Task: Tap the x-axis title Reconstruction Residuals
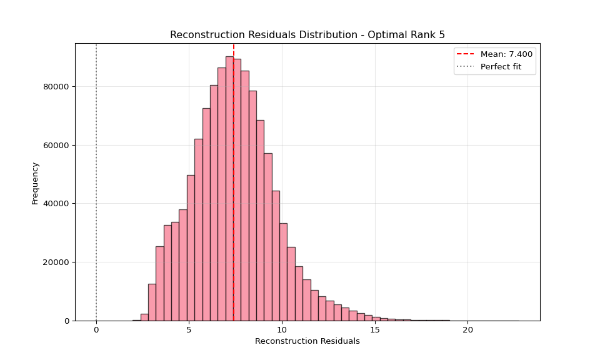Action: click(x=307, y=341)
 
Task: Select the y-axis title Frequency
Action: click(x=35, y=182)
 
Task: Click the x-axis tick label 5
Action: click(x=189, y=330)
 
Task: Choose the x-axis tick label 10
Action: click(x=282, y=330)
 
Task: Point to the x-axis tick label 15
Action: click(x=375, y=330)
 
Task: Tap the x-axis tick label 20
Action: click(x=467, y=330)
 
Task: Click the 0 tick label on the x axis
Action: click(x=96, y=330)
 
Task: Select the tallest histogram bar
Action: click(x=229, y=187)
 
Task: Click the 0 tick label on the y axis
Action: click(x=67, y=321)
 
